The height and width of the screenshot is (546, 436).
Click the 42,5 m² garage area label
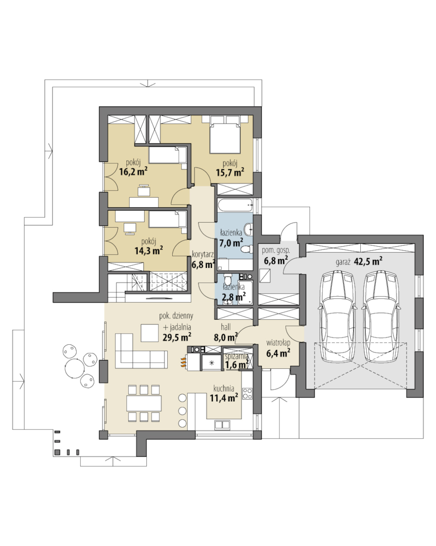point(369,261)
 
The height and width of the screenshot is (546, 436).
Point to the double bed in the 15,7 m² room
point(225,138)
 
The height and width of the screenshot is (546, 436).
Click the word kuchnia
point(224,388)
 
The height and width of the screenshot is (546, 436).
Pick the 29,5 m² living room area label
point(177,337)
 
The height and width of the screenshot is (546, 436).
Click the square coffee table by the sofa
point(150,333)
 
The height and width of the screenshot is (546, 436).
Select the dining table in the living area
point(144,403)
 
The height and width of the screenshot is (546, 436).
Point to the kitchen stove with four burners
point(248,393)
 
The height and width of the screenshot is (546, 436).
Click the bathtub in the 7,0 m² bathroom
point(236,206)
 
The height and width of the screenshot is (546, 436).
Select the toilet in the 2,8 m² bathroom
point(227,279)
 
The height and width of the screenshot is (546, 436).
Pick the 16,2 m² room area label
point(133,171)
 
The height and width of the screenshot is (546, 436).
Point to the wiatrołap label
point(278,343)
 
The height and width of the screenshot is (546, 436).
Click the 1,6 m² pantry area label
point(237,364)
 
